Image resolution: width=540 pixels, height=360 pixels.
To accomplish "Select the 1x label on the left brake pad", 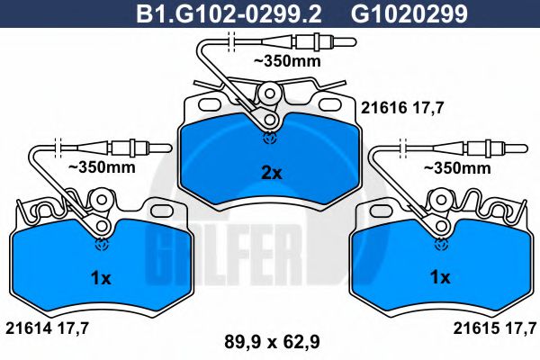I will click(102, 279).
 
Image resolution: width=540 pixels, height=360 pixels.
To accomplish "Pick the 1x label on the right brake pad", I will click(439, 279).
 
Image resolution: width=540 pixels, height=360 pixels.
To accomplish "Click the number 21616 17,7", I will click(402, 105).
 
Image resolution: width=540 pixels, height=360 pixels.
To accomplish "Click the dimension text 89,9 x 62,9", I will click(271, 341).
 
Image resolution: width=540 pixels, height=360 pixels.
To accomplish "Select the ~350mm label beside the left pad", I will click(103, 167).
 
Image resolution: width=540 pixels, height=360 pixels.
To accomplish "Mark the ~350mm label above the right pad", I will click(459, 167).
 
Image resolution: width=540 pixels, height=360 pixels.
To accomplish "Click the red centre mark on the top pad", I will click(268, 137).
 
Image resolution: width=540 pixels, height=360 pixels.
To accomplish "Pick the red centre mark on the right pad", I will click(440, 241).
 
